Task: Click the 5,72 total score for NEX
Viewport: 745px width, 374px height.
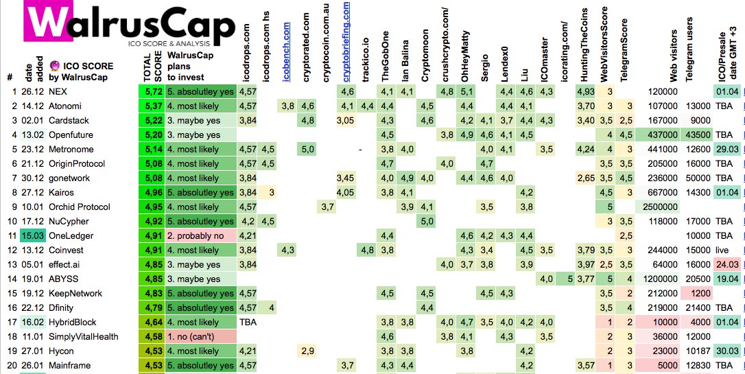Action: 151,91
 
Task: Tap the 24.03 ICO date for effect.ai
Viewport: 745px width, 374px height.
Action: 727,264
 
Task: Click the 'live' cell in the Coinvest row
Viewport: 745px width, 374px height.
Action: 722,250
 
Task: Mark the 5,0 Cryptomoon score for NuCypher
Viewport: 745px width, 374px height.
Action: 427,221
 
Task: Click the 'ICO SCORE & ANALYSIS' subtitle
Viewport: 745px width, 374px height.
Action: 169,43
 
